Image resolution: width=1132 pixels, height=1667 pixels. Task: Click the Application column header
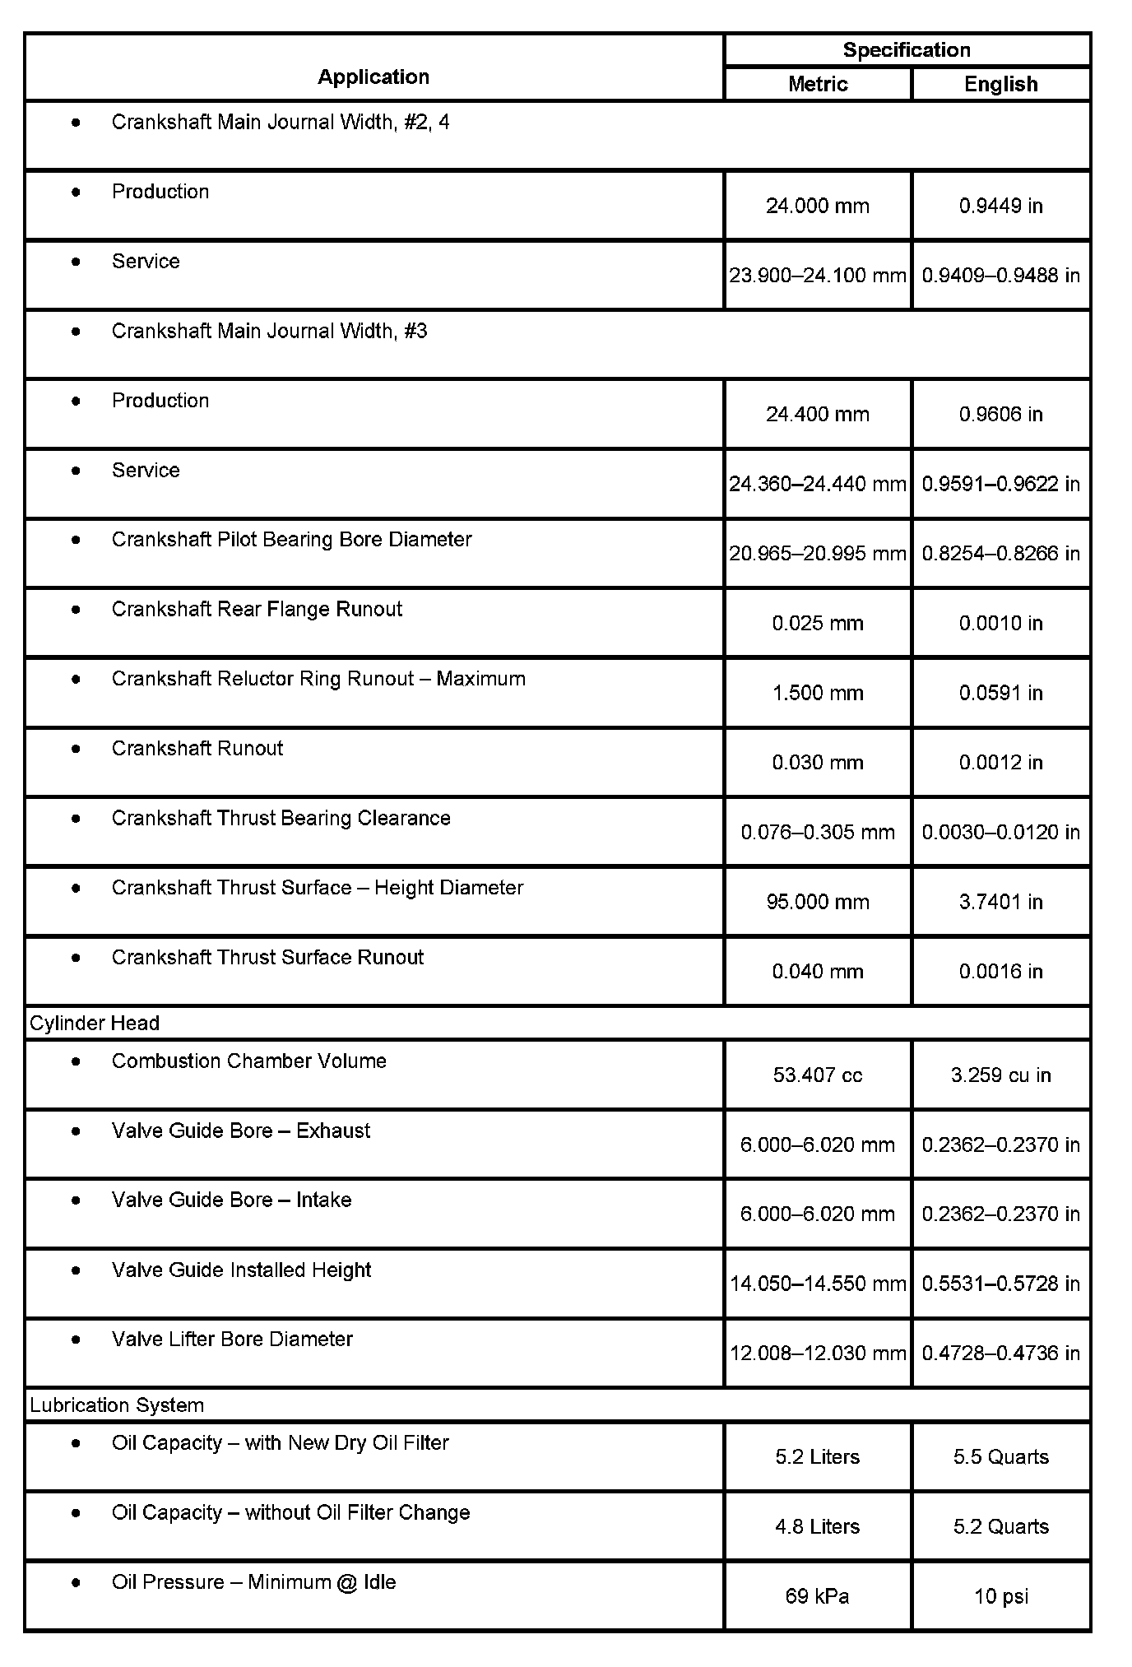[x=373, y=77]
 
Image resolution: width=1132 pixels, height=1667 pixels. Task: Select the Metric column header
[x=817, y=84]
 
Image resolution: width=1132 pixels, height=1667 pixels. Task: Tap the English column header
[x=1000, y=84]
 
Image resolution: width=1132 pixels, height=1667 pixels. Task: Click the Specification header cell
[x=907, y=50]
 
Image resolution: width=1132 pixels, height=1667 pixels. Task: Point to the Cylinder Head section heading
[x=95, y=1023]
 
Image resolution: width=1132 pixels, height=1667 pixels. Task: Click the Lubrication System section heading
[x=117, y=1405]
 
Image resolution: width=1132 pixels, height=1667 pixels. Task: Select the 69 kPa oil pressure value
[x=817, y=1596]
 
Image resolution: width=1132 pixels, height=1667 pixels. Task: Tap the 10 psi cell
[x=1000, y=1596]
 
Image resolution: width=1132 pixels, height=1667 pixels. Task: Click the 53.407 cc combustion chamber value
[x=817, y=1075]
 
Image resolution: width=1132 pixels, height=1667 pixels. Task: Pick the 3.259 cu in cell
[x=1000, y=1075]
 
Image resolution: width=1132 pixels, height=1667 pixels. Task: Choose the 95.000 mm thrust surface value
[x=817, y=902]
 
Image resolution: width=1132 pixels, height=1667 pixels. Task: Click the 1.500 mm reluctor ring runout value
[x=817, y=693]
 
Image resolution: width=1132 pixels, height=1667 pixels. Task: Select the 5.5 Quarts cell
[x=1000, y=1457]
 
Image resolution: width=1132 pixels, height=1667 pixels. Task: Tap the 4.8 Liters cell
[x=817, y=1527]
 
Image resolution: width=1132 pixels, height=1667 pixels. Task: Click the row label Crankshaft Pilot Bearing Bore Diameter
[x=291, y=540]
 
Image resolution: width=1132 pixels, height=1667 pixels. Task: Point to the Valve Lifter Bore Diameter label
[x=232, y=1340]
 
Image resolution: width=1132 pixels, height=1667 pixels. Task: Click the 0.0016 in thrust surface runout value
[x=1000, y=972]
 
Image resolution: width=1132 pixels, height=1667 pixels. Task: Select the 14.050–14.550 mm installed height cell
[x=817, y=1284]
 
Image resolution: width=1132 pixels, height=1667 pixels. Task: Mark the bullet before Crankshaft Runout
[x=77, y=748]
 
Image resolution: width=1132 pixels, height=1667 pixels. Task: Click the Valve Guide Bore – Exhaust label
[x=240, y=1131]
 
